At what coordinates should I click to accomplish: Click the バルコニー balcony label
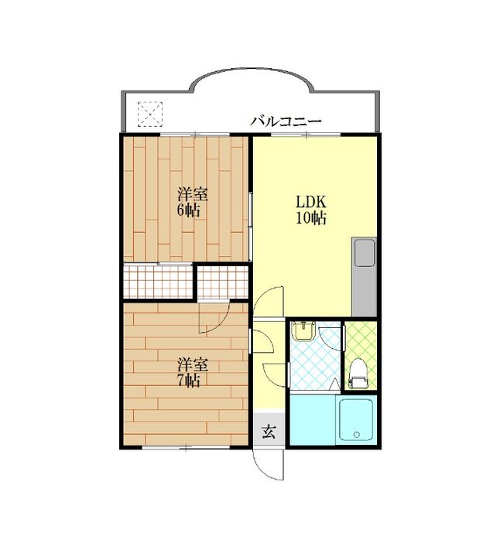pos(286,121)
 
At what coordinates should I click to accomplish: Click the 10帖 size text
pos(310,218)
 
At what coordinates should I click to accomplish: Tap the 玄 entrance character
pos(267,431)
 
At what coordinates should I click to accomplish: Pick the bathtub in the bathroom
pos(356,421)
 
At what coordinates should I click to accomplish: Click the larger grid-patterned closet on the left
pos(158,281)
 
